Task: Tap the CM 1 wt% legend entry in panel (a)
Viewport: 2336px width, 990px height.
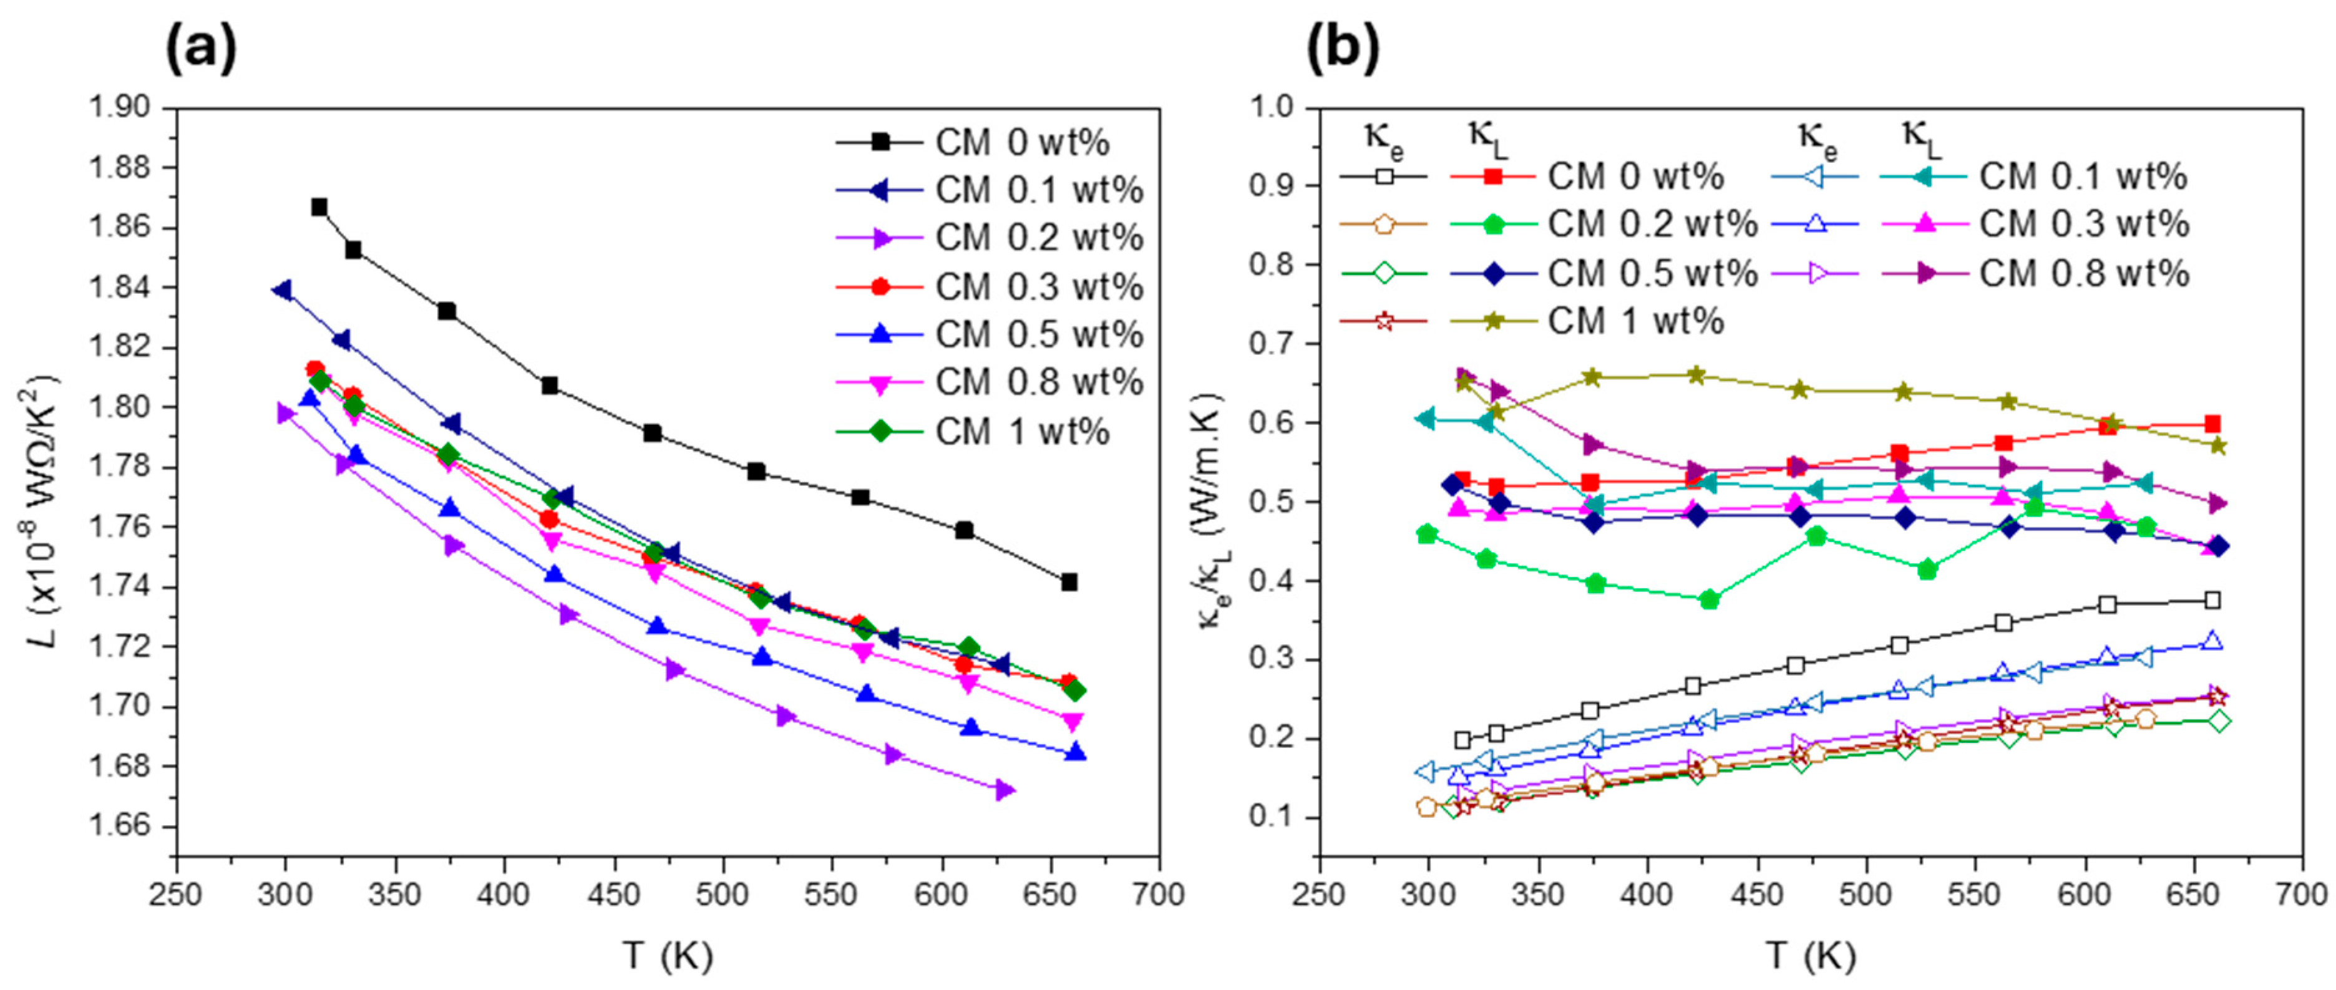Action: pyautogui.click(x=1022, y=432)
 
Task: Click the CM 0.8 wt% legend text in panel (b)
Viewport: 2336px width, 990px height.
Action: pyautogui.click(x=2084, y=273)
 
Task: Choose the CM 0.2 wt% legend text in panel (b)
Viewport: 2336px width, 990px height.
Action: pyautogui.click(x=1652, y=223)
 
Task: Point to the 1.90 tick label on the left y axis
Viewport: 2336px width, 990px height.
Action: pyautogui.click(x=124, y=108)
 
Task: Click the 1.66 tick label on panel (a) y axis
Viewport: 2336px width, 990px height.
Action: pyautogui.click(x=124, y=827)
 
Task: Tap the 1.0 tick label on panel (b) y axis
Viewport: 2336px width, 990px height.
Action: pyautogui.click(x=1274, y=108)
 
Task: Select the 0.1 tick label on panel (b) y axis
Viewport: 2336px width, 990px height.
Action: pyautogui.click(x=1274, y=818)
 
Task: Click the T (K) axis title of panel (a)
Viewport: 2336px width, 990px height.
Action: pyautogui.click(x=668, y=956)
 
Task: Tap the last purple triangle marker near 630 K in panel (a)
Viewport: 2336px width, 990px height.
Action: pyautogui.click(x=1004, y=790)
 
